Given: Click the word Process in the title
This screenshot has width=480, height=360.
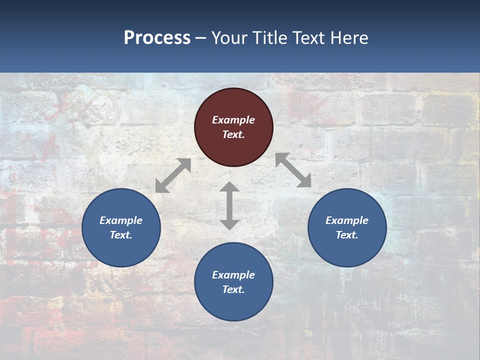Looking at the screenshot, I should click(157, 38).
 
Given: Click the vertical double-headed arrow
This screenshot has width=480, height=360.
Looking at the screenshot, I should click(229, 205).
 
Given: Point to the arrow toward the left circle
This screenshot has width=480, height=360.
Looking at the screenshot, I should click(173, 175).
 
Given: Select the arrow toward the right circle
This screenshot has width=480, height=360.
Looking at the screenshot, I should click(293, 170).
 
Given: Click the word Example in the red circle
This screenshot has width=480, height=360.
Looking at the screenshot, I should click(233, 120).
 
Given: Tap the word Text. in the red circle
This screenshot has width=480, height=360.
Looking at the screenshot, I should click(233, 134).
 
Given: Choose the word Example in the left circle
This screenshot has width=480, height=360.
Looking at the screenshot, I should click(121, 220).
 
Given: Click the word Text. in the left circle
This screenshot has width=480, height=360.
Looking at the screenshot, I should click(121, 235).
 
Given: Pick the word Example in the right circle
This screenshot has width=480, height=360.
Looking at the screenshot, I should click(347, 220).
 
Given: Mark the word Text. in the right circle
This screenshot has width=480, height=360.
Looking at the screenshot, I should click(347, 235).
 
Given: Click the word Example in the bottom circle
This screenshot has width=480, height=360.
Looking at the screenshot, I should click(233, 275).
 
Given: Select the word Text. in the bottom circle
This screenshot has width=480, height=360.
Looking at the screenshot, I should click(233, 289).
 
